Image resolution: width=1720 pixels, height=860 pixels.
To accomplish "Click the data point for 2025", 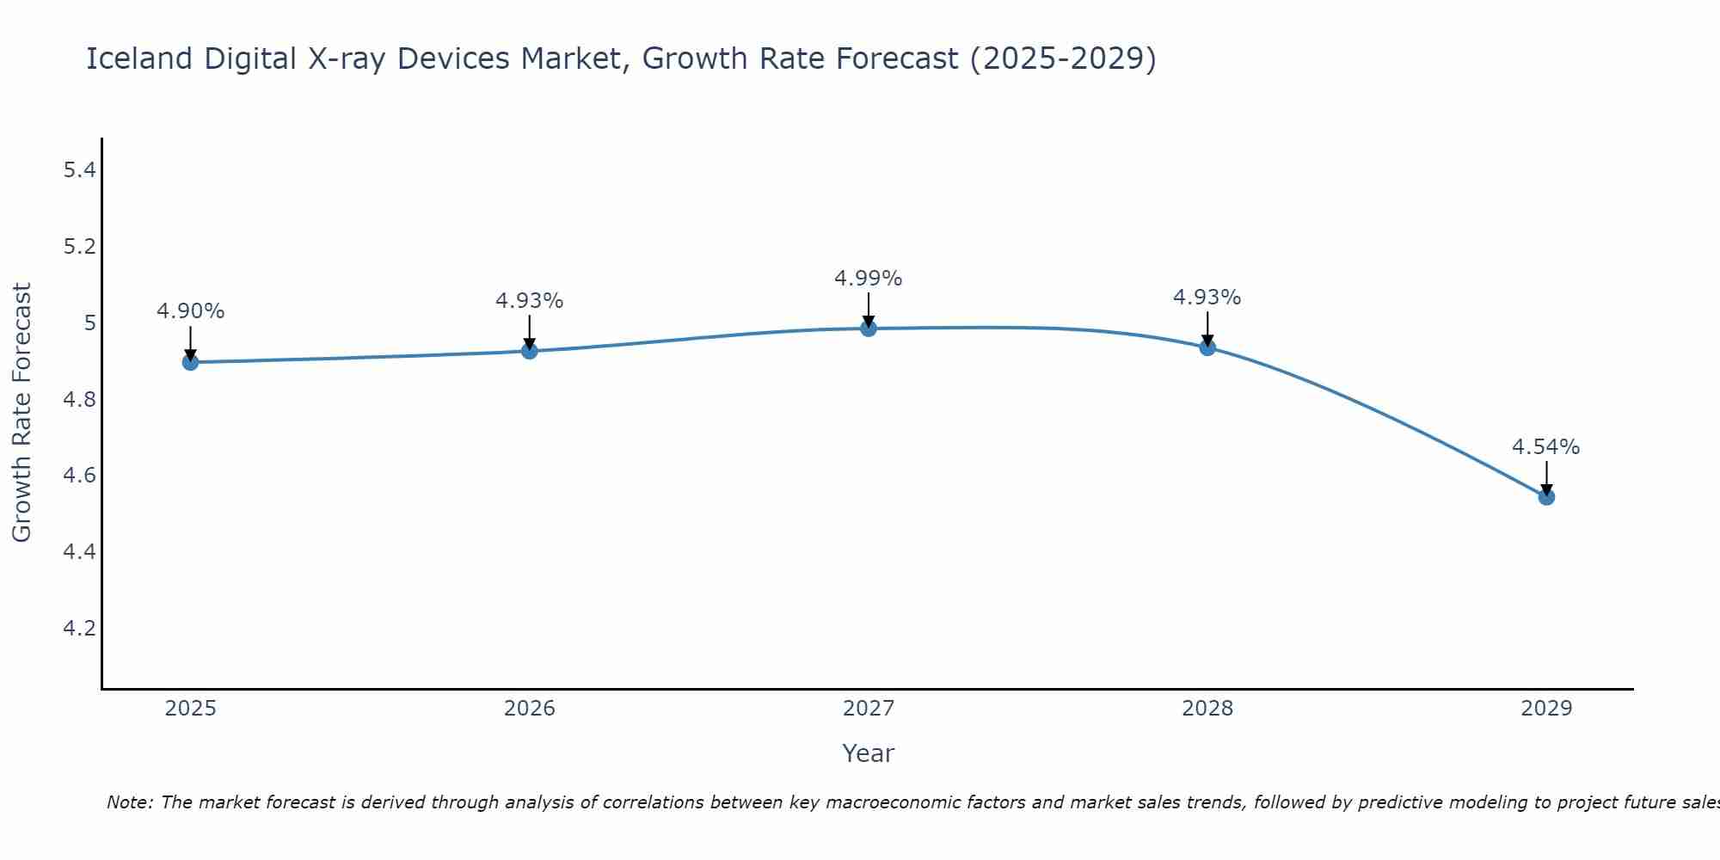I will (x=190, y=362).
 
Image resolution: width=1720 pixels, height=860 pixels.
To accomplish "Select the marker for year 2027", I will (x=868, y=328).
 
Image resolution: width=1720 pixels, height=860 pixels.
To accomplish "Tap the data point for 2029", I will (x=1545, y=496).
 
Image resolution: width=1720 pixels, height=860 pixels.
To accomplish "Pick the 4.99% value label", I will (x=868, y=279).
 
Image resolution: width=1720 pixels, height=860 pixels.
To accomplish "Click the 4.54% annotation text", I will (x=1545, y=447).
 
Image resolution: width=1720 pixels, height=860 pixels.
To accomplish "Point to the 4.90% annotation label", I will (x=190, y=311).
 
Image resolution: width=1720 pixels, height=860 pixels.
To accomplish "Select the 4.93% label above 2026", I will (x=529, y=301).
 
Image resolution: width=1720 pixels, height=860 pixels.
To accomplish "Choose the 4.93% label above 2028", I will (x=1207, y=298).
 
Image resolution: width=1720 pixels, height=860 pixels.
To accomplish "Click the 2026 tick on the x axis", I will (x=529, y=709).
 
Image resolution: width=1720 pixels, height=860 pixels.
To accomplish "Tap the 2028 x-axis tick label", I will (x=1207, y=709).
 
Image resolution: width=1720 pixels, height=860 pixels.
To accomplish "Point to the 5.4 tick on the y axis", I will (x=79, y=170).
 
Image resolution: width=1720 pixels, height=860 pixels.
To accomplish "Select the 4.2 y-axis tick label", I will (x=79, y=629).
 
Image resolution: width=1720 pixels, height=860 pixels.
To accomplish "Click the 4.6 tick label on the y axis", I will (x=79, y=476).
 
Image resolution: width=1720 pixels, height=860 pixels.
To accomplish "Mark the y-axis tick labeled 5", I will (x=89, y=323).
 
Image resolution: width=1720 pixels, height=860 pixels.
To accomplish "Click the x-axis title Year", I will (x=868, y=753).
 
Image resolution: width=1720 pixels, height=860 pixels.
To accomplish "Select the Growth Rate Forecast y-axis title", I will (x=21, y=413).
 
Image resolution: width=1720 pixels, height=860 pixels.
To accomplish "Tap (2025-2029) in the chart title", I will (x=1063, y=58).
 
